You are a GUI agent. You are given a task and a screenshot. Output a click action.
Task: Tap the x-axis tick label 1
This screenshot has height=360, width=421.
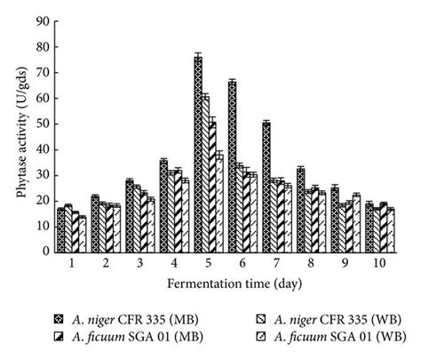point(71,265)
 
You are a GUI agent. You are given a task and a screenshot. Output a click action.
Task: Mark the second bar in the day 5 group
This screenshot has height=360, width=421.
point(205,173)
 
